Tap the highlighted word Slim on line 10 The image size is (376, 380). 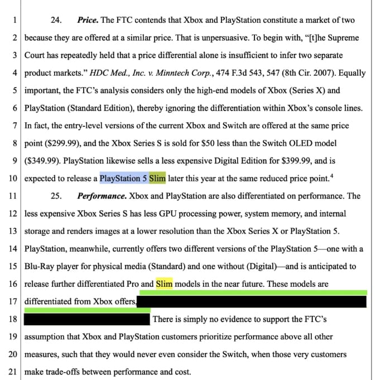[x=158, y=179]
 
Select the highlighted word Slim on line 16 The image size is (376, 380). [x=165, y=283]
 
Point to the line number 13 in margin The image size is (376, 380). [x=12, y=231]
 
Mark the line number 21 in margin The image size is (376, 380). [x=12, y=372]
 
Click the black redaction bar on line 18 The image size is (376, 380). [x=87, y=319]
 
